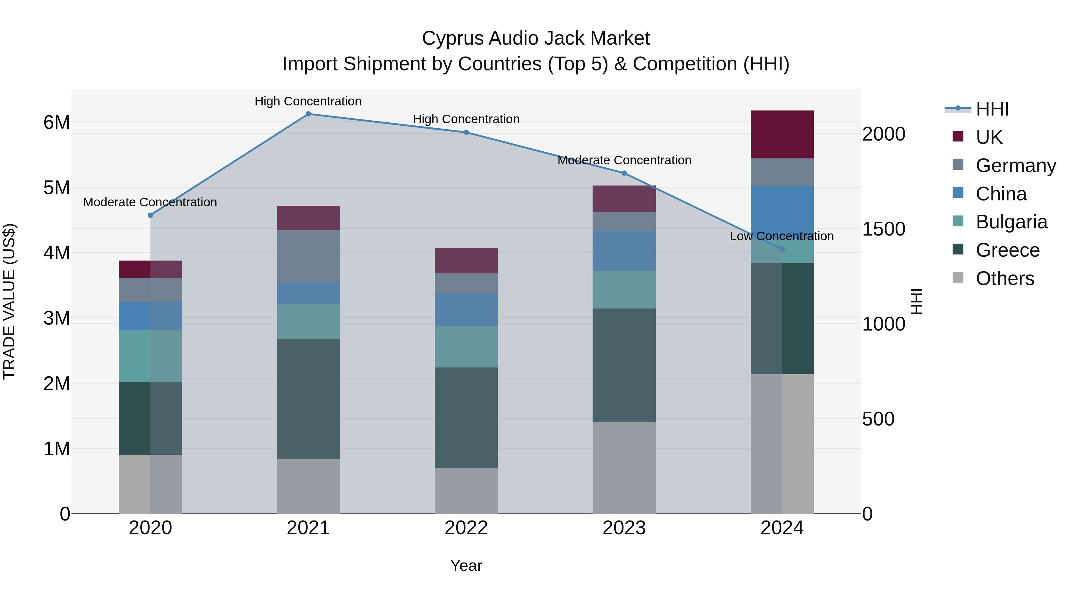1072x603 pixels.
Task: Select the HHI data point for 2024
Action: (782, 249)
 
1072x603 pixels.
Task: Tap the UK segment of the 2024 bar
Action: (782, 134)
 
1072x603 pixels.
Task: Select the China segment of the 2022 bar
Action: (466, 310)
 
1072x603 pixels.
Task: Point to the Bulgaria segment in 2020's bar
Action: (150, 356)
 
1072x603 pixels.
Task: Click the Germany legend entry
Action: (1015, 166)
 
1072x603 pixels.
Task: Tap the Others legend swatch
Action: (958, 278)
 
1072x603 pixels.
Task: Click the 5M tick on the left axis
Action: (57, 188)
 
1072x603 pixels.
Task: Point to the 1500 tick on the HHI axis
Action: (884, 229)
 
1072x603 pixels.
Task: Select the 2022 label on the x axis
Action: (466, 528)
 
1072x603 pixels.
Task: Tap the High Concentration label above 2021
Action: (308, 101)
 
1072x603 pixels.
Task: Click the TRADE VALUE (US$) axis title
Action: (9, 301)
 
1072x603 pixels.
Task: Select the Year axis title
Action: (466, 565)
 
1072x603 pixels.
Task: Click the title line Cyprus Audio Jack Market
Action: (536, 38)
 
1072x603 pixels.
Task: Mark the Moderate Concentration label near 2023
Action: (624, 160)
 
